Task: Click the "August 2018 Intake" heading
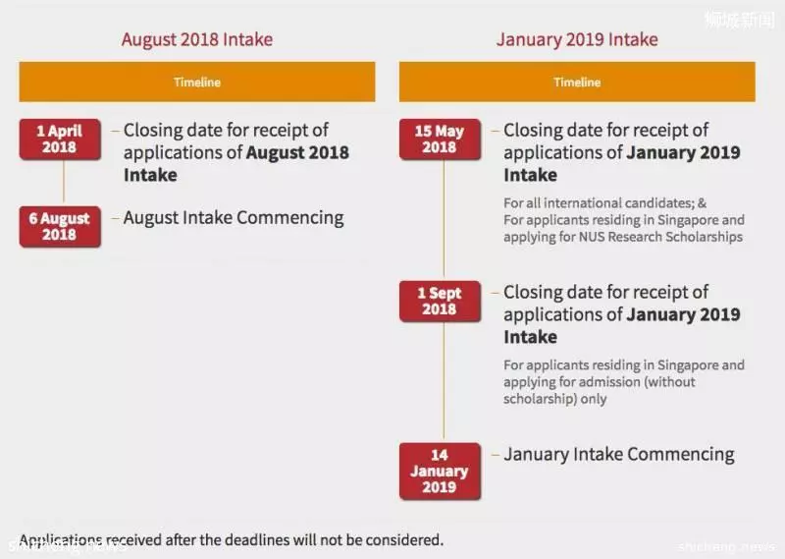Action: click(x=197, y=39)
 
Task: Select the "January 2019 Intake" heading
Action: click(x=577, y=39)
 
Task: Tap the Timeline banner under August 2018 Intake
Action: click(x=197, y=82)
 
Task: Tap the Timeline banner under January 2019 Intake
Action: click(x=577, y=82)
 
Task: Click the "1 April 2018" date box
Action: click(x=60, y=140)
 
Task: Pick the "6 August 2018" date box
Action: click(x=60, y=227)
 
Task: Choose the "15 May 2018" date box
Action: click(x=440, y=140)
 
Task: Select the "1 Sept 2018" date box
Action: click(x=440, y=302)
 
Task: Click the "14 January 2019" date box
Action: click(x=440, y=472)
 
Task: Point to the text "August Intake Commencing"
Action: click(x=234, y=218)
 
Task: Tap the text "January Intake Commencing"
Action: click(x=619, y=454)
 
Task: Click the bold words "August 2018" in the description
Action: click(x=297, y=152)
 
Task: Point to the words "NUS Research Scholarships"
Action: click(x=660, y=237)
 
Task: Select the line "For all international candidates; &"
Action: click(x=604, y=203)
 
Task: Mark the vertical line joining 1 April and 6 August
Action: click(x=64, y=183)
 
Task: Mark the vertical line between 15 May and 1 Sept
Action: click(x=444, y=220)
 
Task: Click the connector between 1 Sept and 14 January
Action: click(x=444, y=382)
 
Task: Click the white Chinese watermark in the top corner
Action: click(x=740, y=20)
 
